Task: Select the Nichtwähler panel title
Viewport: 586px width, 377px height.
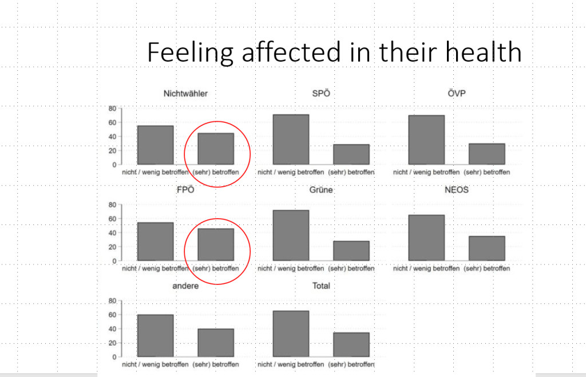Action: tap(185, 94)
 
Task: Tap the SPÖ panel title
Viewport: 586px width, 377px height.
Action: tap(322, 94)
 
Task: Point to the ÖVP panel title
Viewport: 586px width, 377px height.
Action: tap(457, 94)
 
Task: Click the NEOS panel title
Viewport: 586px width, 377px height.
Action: tap(457, 190)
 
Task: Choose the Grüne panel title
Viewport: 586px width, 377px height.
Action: tap(321, 190)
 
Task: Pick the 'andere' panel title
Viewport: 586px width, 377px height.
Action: tap(185, 286)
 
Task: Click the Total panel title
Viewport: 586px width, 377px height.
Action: tap(321, 286)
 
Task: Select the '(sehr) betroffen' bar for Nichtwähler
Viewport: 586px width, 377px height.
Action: tap(216, 149)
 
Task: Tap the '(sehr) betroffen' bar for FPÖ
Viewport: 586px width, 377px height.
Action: tap(216, 245)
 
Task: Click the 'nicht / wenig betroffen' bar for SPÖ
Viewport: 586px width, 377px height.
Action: tap(291, 140)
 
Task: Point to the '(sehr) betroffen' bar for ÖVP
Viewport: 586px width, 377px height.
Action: tap(487, 154)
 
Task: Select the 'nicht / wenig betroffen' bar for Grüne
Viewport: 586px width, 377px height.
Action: tap(291, 236)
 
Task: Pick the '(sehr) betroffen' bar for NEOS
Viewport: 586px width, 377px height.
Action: tap(487, 248)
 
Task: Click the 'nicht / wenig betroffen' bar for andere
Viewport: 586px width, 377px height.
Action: tap(155, 336)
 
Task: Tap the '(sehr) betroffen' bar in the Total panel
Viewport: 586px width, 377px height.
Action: tap(351, 345)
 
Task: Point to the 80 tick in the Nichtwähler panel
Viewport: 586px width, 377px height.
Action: tap(112, 109)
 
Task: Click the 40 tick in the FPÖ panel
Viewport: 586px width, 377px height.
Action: tap(112, 233)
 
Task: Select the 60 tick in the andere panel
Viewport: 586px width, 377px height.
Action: tap(112, 315)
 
